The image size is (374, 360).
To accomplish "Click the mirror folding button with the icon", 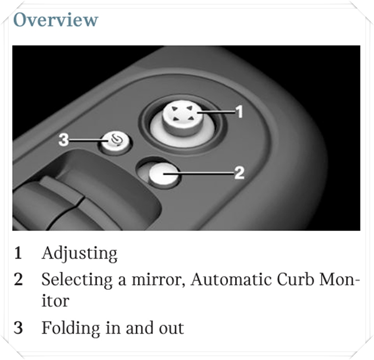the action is click(x=115, y=142).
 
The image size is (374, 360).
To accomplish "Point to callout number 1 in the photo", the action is click(x=239, y=112).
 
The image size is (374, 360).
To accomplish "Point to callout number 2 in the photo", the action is click(x=239, y=173).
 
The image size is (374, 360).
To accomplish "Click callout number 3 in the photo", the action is click(x=63, y=139).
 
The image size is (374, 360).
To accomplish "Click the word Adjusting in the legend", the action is click(x=79, y=254).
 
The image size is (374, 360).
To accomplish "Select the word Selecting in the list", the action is click(x=77, y=280).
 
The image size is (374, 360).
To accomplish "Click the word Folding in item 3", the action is click(x=71, y=329).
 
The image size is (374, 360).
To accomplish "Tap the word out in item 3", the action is click(x=171, y=329).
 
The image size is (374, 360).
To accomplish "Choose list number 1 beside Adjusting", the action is click(x=18, y=253).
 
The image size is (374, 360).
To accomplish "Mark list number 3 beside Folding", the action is click(x=19, y=328).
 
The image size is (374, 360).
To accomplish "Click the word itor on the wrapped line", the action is click(x=55, y=301).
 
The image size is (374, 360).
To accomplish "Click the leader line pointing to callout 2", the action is click(x=198, y=174).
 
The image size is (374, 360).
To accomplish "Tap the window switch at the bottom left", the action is click(x=48, y=205).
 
